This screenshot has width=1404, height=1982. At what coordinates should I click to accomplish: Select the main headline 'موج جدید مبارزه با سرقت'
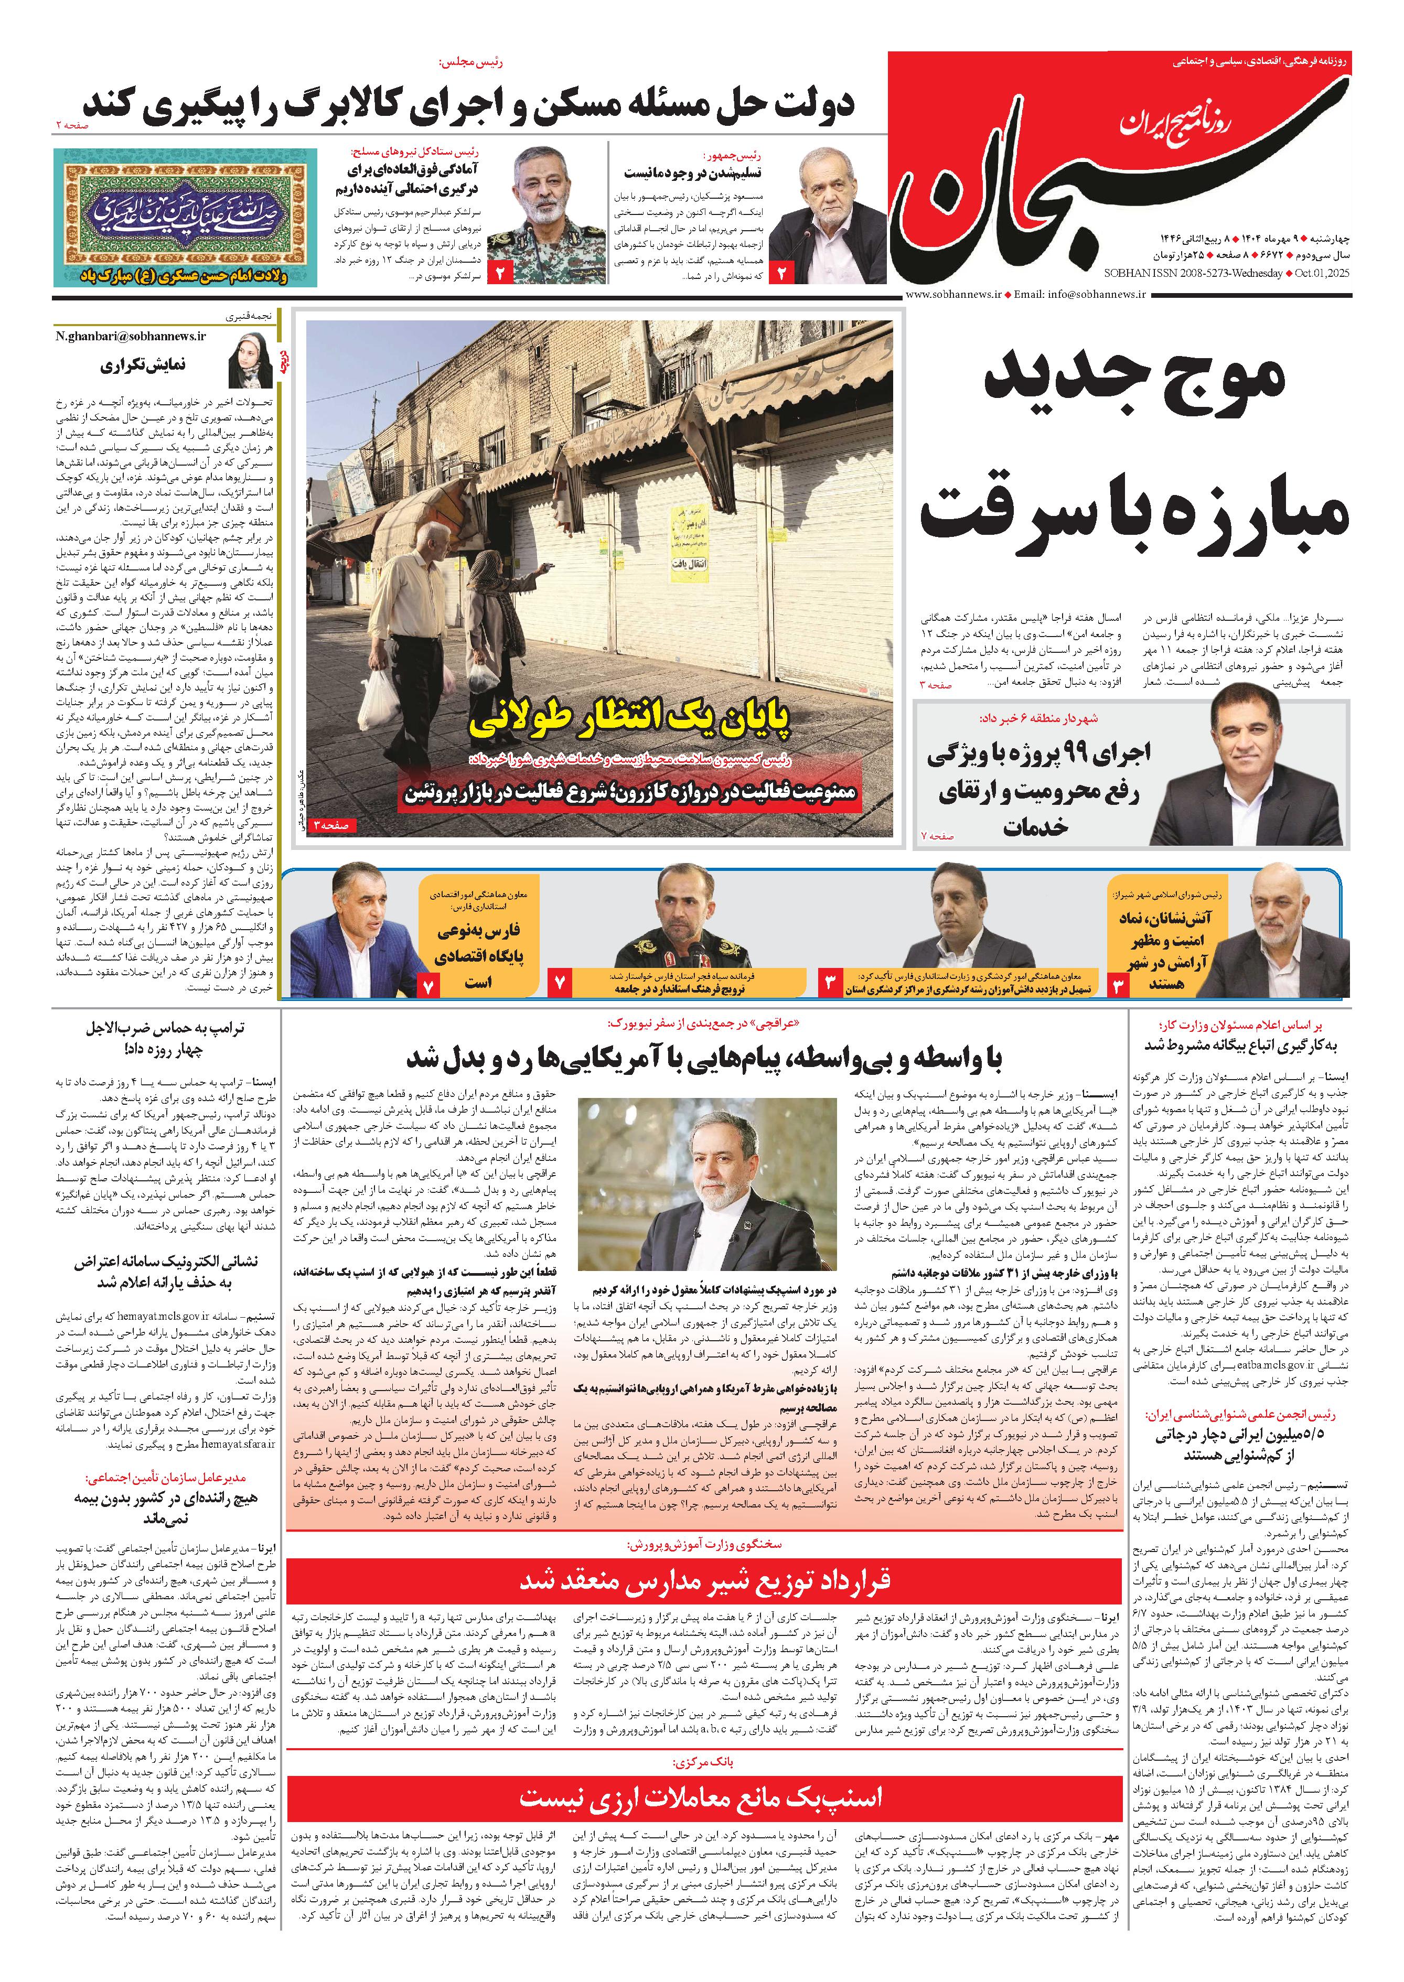pos(1132,449)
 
